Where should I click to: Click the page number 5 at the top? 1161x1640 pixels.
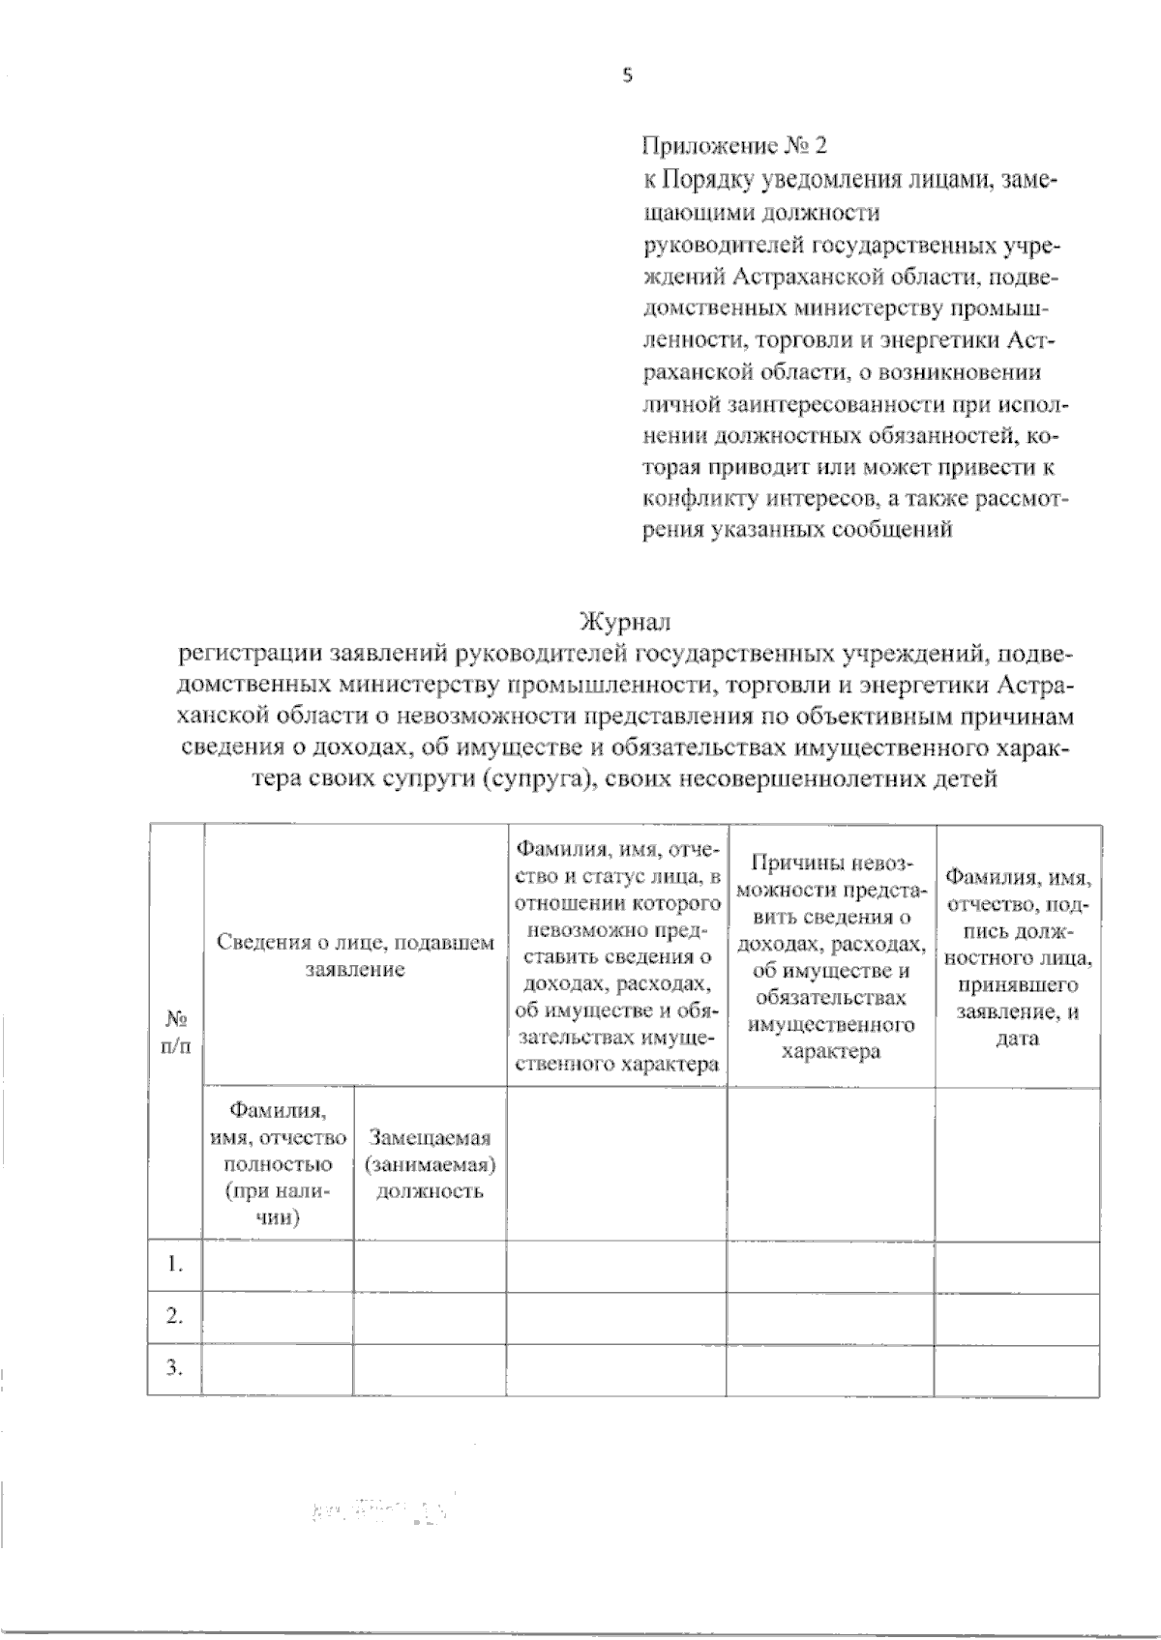(627, 76)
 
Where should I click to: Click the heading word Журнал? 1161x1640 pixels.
(624, 620)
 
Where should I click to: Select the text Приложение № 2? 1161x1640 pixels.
(735, 146)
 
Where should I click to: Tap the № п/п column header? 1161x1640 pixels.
(176, 1033)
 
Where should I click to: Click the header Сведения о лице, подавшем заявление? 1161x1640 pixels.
(355, 954)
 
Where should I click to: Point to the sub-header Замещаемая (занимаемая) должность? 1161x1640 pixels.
(431, 1164)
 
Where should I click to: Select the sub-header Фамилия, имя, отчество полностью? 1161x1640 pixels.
(278, 1164)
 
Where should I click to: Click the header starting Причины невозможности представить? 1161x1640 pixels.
(831, 956)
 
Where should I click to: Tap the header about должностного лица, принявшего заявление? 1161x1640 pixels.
(1018, 956)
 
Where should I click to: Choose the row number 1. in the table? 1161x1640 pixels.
(175, 1265)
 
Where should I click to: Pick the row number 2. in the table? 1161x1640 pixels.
(175, 1316)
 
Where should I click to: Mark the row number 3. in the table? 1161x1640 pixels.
(175, 1368)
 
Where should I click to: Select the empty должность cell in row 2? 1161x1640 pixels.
(431, 1316)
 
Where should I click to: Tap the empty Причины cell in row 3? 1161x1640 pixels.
(831, 1368)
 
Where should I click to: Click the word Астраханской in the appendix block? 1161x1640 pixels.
(791, 276)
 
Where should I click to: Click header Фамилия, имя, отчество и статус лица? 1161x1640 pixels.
(617, 956)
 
